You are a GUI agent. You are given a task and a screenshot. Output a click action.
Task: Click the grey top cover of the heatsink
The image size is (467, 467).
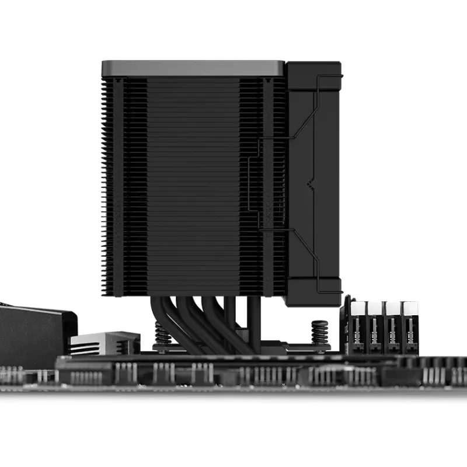(193, 68)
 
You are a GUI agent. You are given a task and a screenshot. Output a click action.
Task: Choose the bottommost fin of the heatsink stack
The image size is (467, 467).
(193, 293)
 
